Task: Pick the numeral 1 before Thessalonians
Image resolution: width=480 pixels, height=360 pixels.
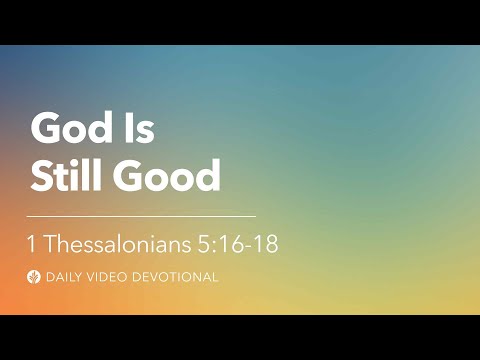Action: tap(33, 244)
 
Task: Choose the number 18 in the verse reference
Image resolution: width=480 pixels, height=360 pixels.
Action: tap(265, 244)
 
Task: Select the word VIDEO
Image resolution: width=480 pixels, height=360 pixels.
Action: tap(110, 276)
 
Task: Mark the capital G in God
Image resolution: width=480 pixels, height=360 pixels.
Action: tap(45, 128)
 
